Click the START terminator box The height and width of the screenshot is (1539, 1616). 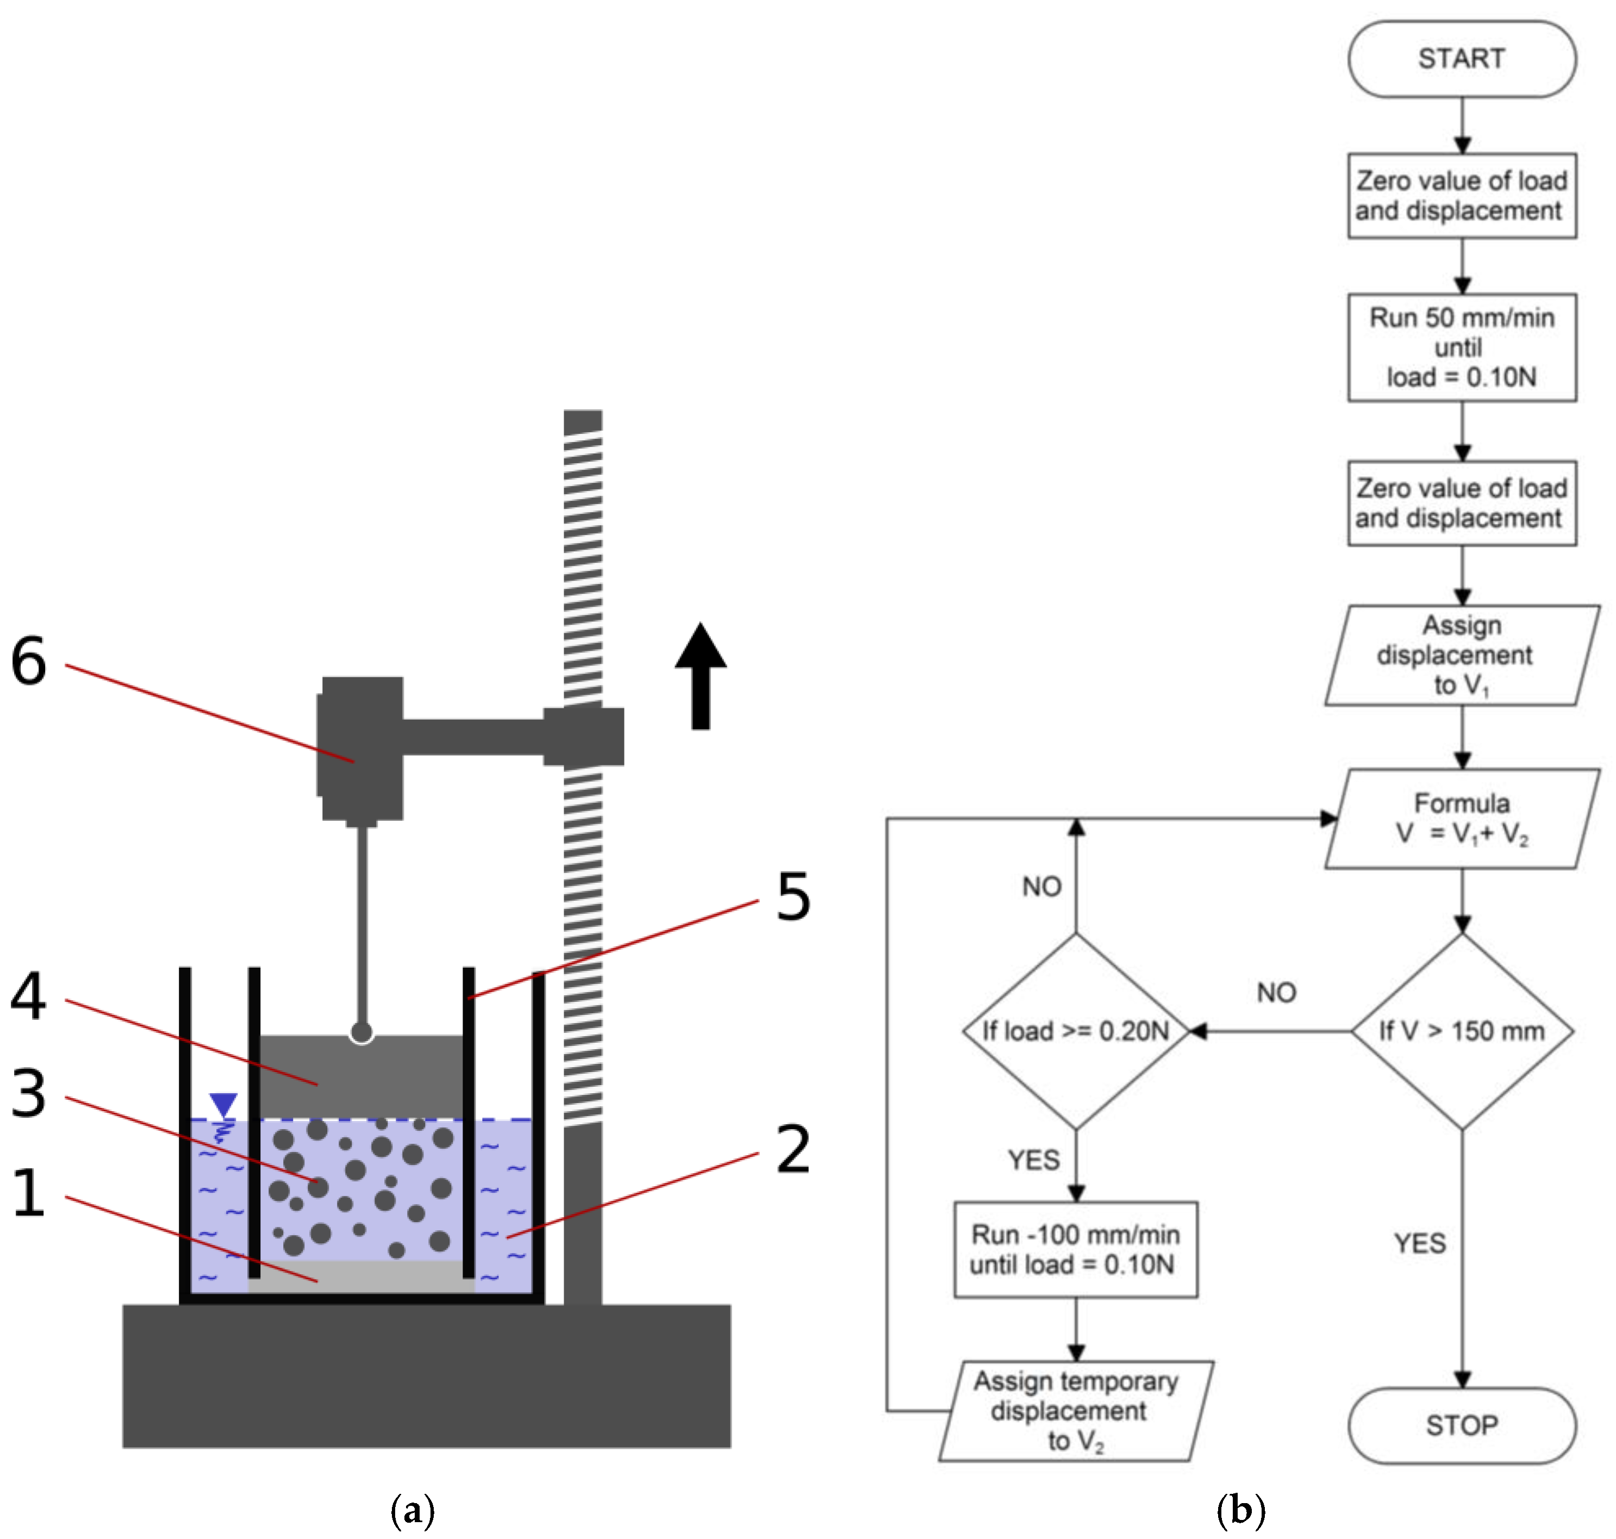tap(1461, 59)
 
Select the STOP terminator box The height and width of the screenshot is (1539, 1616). tap(1461, 1425)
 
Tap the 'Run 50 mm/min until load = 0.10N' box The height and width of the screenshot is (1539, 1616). tap(1461, 347)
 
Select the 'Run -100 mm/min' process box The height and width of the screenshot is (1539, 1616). tap(1075, 1249)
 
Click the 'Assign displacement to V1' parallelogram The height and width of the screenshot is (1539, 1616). tap(1461, 655)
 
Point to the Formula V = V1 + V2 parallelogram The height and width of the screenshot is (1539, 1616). tap(1461, 818)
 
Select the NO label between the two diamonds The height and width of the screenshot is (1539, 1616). tap(1276, 993)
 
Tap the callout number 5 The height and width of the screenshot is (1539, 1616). tap(793, 896)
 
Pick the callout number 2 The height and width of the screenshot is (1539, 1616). tap(793, 1149)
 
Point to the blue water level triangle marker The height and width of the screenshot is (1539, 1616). tap(223, 1104)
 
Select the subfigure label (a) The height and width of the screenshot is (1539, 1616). tap(413, 1510)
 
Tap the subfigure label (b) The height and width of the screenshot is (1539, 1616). tap(1240, 1510)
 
